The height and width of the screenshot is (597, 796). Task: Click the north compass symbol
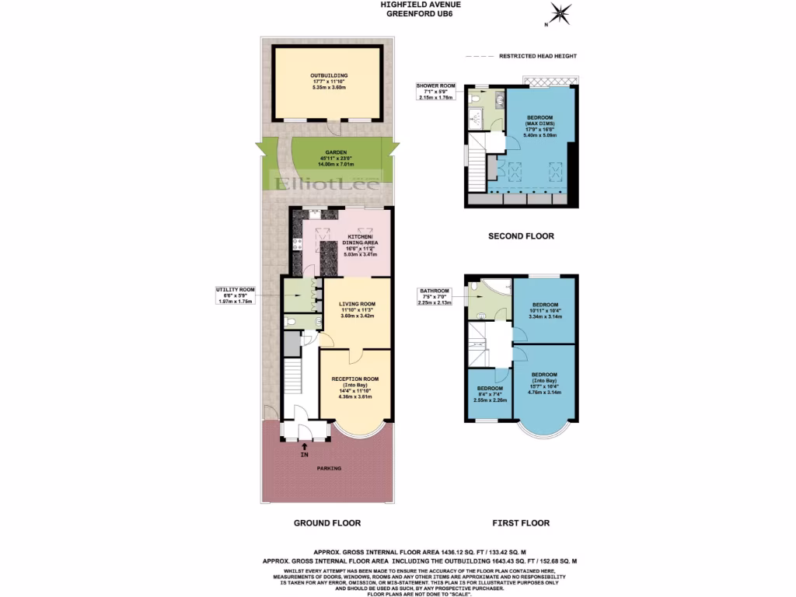tap(560, 14)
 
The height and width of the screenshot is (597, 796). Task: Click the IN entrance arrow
tap(304, 449)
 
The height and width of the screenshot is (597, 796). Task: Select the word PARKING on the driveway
tap(328, 469)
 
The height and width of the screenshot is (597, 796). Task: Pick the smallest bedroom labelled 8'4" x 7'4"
tap(490, 394)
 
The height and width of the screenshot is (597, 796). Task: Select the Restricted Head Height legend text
tap(537, 57)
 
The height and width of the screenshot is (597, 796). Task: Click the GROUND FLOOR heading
tap(326, 523)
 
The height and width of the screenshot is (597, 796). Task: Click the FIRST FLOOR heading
tap(521, 523)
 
